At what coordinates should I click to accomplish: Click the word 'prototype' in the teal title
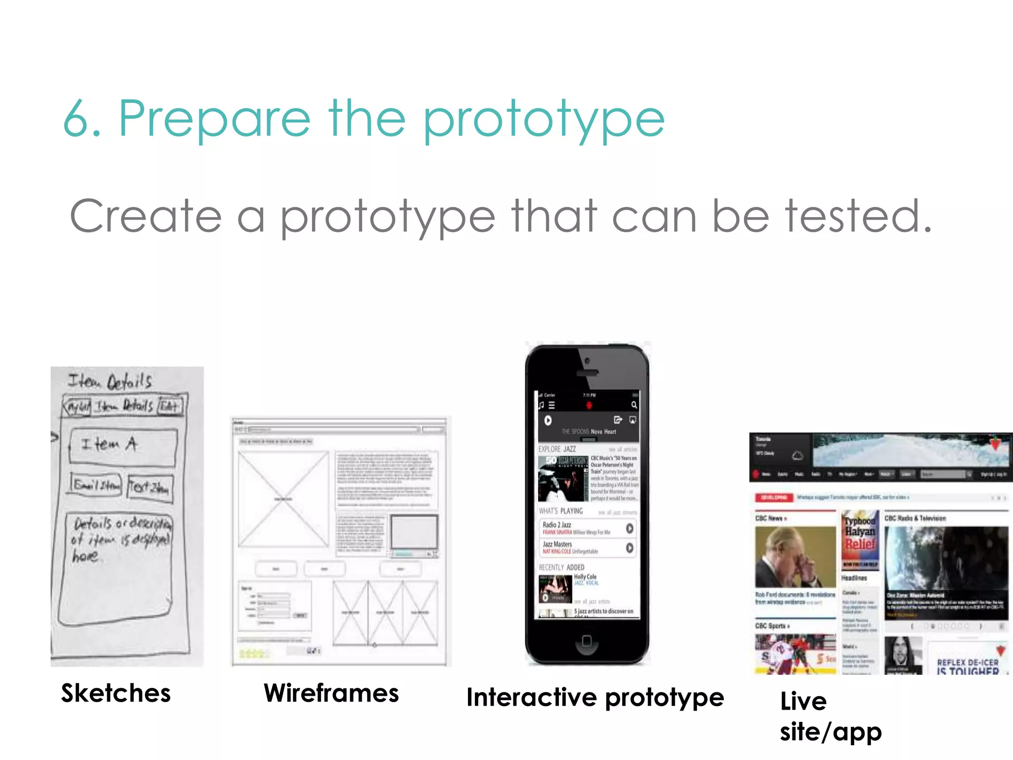(544, 120)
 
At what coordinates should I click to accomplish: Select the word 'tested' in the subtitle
(851, 216)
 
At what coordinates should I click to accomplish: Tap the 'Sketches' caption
(116, 693)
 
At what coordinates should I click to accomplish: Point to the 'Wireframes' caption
(331, 693)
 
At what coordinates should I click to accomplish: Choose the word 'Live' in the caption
(803, 701)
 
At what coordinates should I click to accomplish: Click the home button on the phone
(587, 641)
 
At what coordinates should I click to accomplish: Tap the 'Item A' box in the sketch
(123, 447)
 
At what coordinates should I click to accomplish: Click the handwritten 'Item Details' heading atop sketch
(110, 381)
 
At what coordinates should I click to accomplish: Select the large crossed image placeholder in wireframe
(283, 499)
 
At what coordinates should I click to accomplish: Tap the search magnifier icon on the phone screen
(634, 405)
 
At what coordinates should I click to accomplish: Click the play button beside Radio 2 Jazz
(629, 528)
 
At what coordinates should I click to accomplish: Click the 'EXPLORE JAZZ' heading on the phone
(557, 449)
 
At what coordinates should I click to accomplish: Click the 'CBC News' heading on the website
(770, 518)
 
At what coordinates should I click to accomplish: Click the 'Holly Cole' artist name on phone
(585, 577)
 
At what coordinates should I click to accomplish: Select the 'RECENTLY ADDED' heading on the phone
(561, 567)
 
